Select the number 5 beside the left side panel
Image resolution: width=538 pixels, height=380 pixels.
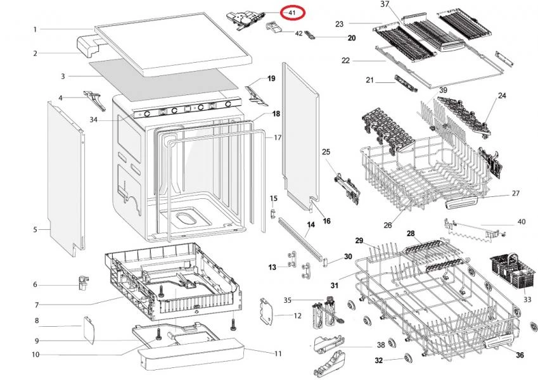point(35,229)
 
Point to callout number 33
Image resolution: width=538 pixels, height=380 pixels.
point(527,300)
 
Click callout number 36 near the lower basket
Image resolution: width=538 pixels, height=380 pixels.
point(520,355)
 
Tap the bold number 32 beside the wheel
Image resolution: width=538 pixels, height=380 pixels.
point(378,360)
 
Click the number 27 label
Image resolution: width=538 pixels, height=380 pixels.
point(515,194)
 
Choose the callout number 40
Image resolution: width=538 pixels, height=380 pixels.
point(521,222)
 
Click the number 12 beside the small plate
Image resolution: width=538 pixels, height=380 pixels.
point(296,315)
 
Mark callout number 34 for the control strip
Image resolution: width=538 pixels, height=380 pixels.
point(93,120)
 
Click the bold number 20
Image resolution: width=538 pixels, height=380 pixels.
point(351,38)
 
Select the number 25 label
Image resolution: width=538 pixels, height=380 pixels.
point(326,152)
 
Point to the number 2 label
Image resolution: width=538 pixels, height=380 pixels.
point(35,54)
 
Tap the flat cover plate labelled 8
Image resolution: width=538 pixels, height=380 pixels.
point(89,330)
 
